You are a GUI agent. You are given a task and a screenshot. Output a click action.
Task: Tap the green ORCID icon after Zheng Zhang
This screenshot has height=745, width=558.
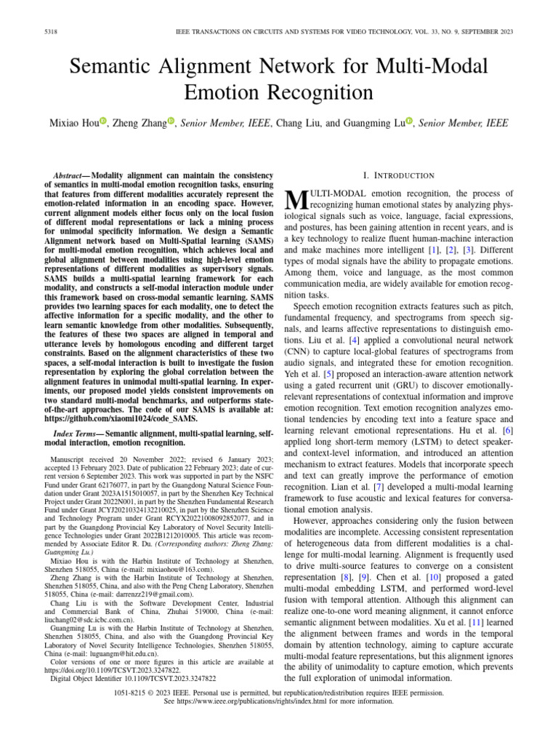point(171,121)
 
